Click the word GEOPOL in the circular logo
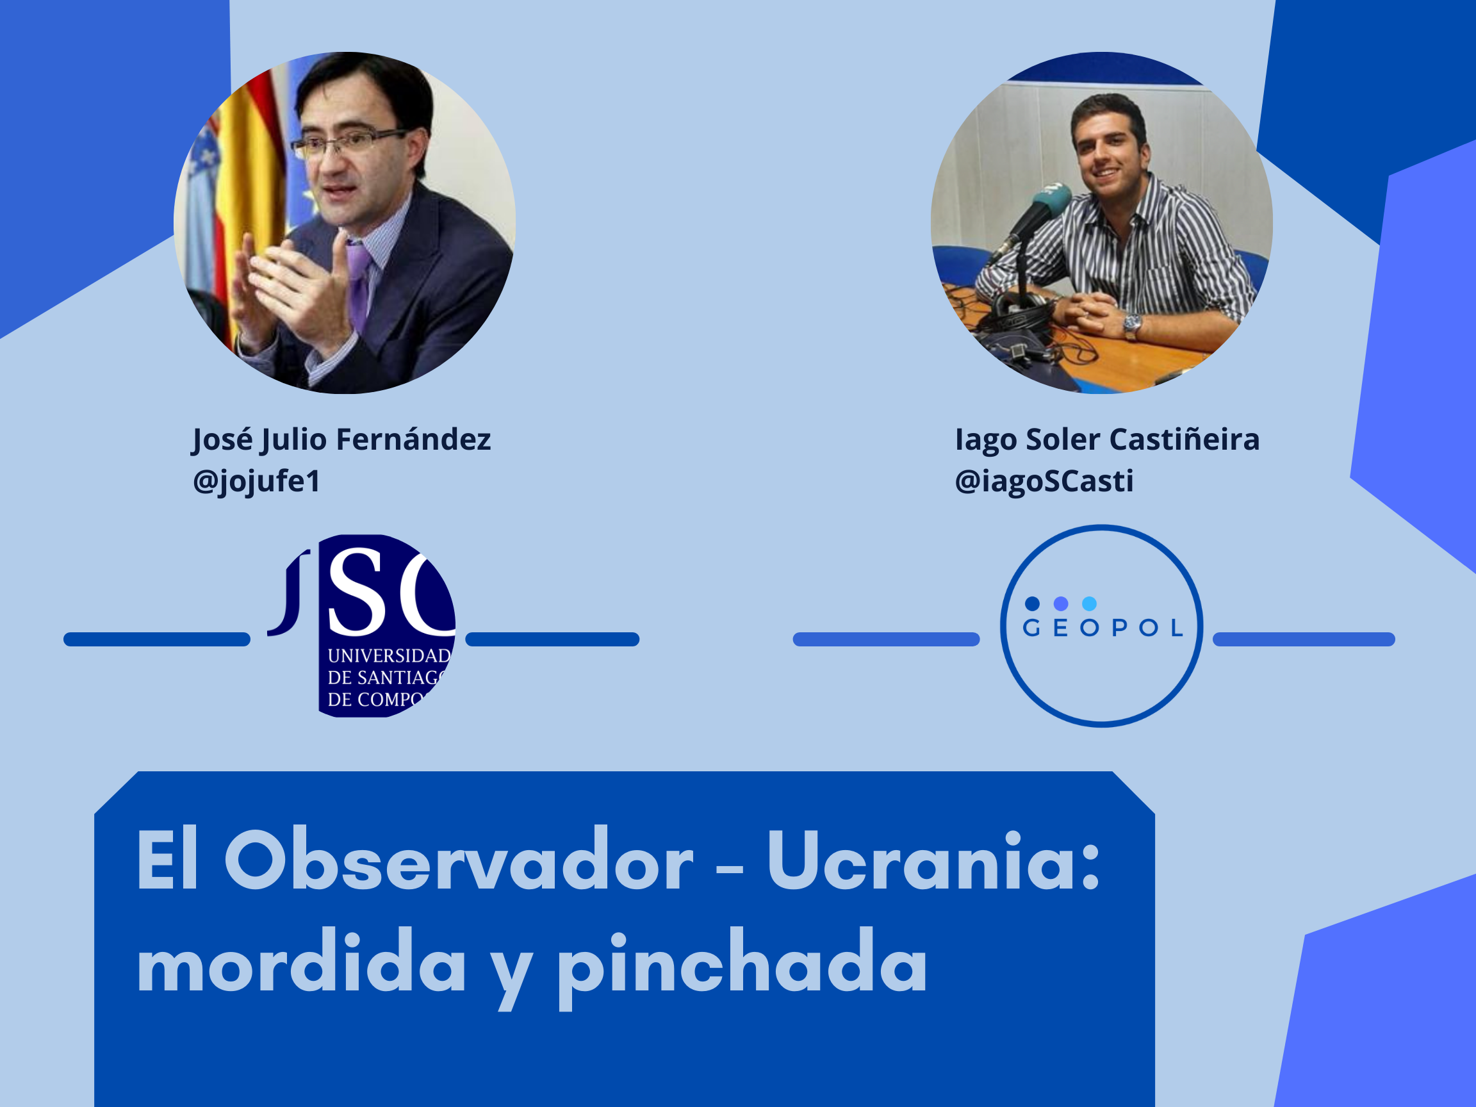tap(1103, 628)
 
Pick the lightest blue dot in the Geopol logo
tap(1089, 604)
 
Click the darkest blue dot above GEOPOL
tap(1032, 604)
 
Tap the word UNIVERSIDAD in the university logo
tap(389, 656)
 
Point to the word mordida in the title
tap(302, 963)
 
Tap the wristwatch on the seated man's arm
tap(1133, 325)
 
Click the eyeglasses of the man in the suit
tap(347, 142)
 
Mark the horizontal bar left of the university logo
tap(157, 639)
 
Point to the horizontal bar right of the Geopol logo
tap(1304, 639)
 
